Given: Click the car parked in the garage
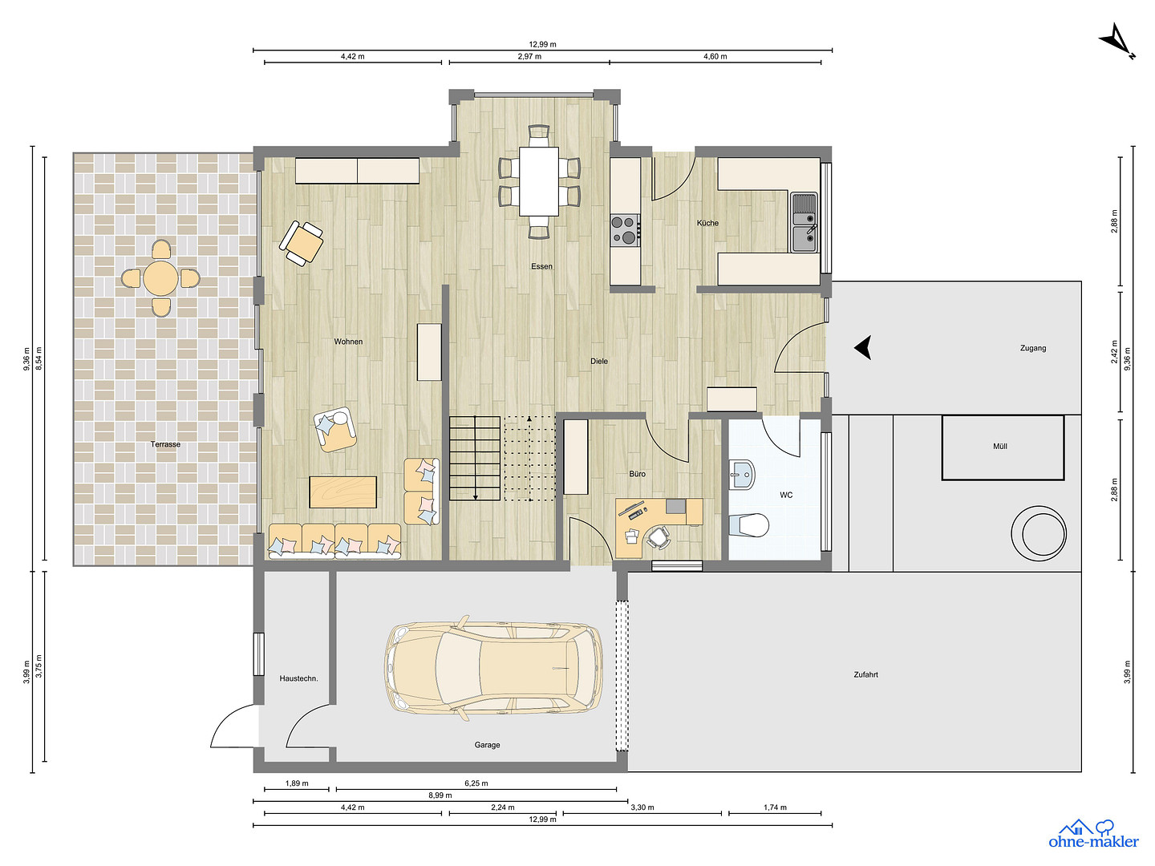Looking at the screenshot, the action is pyautogui.click(x=494, y=668).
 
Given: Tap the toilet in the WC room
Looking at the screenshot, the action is pyautogui.click(x=749, y=524).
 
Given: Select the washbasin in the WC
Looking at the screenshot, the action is pyautogui.click(x=742, y=474).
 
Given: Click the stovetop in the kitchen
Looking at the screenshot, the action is pyautogui.click(x=625, y=230).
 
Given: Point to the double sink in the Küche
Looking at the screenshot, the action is pyautogui.click(x=804, y=222).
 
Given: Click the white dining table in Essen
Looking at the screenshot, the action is pyautogui.click(x=539, y=181).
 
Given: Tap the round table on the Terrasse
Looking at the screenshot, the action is pyautogui.click(x=160, y=277).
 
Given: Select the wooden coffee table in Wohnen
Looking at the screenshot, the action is pyautogui.click(x=343, y=492).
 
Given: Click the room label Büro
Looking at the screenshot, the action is pyautogui.click(x=637, y=474).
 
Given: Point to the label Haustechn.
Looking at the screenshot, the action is pyautogui.click(x=298, y=678).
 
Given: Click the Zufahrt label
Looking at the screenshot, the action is pyautogui.click(x=865, y=674).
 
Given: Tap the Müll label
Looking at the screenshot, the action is pyautogui.click(x=999, y=447).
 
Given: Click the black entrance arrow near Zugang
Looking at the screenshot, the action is pyautogui.click(x=863, y=347).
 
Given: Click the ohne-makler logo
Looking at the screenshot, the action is pyautogui.click(x=1093, y=835).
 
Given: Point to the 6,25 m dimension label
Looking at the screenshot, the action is pyautogui.click(x=476, y=783).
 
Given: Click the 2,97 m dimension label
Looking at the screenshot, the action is pyautogui.click(x=529, y=56).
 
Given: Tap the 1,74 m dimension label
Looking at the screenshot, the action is pyautogui.click(x=775, y=807).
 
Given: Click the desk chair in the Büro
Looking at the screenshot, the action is pyautogui.click(x=659, y=537).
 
